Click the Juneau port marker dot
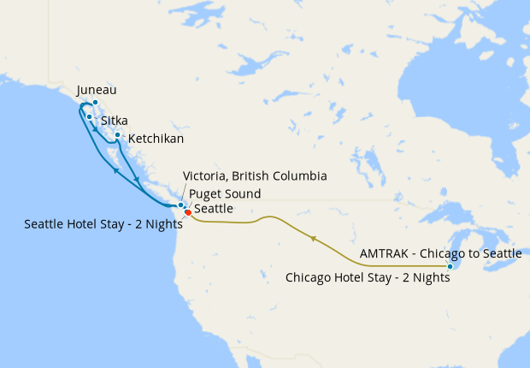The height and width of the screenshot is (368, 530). (97, 103)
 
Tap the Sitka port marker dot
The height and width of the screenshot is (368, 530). (90, 116)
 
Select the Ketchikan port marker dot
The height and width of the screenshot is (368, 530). (117, 134)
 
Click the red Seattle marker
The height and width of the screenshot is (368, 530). (188, 212)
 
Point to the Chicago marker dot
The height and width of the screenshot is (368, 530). (450, 267)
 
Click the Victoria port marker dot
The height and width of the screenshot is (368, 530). (180, 205)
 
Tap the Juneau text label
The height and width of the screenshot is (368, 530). (96, 90)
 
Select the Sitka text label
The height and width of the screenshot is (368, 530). (115, 122)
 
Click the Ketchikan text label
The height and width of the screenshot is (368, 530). (155, 138)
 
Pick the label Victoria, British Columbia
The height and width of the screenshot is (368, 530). (255, 176)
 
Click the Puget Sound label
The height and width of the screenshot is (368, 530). (225, 193)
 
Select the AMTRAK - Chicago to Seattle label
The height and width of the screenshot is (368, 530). (440, 254)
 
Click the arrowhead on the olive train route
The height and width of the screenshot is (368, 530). (314, 239)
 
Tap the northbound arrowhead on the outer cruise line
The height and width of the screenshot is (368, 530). (115, 170)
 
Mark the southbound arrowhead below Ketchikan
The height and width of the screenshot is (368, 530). (138, 180)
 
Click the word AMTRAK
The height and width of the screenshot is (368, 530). (384, 254)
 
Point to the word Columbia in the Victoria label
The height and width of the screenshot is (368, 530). (302, 176)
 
